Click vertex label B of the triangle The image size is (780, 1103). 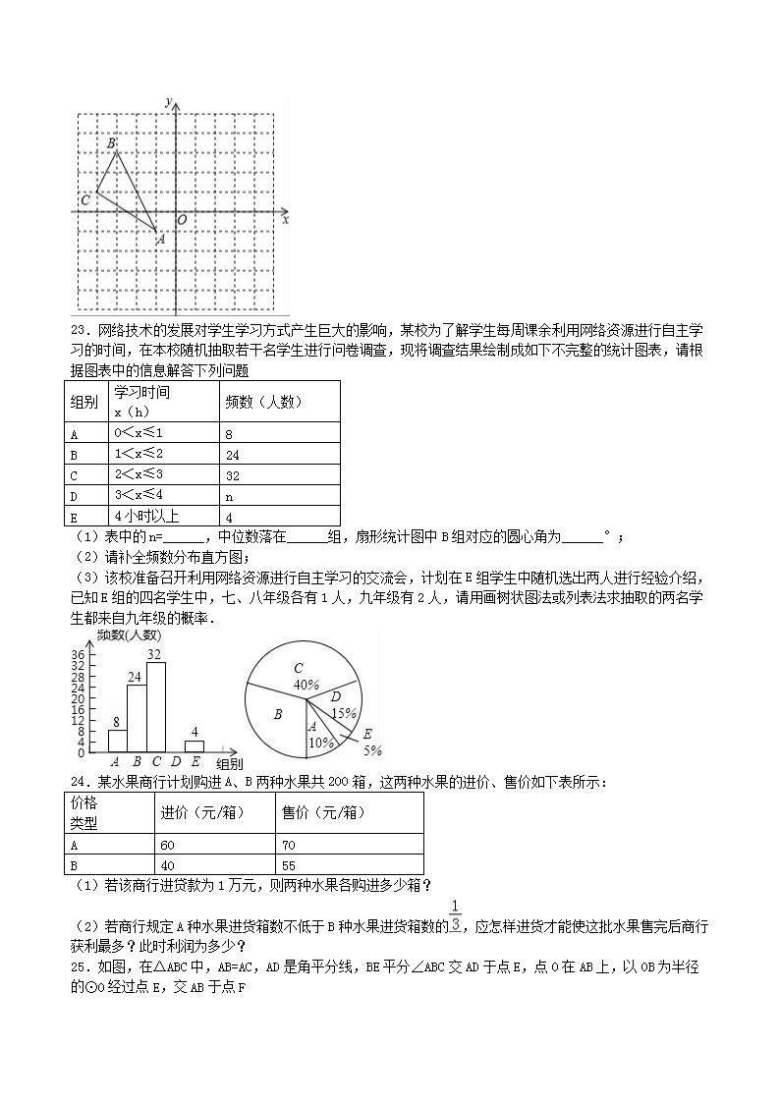112,144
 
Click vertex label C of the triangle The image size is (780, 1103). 85,200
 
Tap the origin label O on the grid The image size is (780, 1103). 182,220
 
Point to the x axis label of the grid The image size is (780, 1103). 285,220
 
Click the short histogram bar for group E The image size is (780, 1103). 195,747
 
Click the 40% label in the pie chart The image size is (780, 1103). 306,684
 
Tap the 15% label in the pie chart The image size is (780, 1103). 344,713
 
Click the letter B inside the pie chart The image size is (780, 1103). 278,715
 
